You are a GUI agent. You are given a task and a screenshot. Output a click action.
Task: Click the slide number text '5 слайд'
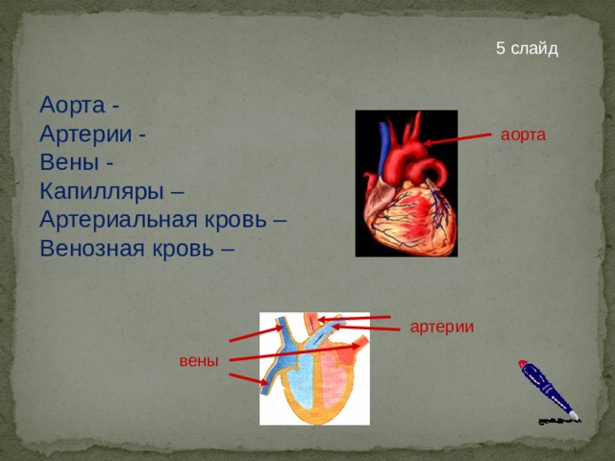click(527, 48)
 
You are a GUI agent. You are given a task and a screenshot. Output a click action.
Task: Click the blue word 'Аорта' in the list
click(73, 105)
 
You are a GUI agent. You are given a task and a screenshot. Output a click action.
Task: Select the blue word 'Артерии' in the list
click(86, 133)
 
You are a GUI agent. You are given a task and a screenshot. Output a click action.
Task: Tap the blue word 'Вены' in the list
click(69, 162)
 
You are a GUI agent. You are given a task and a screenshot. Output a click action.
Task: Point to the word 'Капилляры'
click(102, 191)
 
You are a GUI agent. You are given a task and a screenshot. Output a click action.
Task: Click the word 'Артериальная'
click(118, 220)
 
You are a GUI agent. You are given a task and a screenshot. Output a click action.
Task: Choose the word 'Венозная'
click(92, 249)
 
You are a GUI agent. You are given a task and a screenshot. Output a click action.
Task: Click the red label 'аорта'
click(523, 134)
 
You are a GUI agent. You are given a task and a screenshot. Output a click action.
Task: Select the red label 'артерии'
click(442, 327)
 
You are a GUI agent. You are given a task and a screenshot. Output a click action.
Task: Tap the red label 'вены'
click(199, 361)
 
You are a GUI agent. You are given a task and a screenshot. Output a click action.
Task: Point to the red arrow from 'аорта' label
click(457, 139)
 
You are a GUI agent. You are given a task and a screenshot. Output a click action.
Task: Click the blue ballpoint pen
click(549, 390)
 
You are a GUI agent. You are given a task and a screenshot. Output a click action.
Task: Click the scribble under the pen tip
click(558, 421)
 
